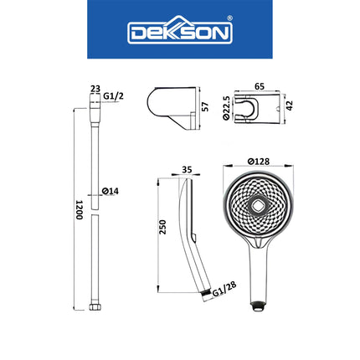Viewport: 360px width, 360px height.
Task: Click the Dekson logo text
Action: pyautogui.click(x=179, y=33)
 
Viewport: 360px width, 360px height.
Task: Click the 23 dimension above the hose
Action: pyautogui.click(x=95, y=87)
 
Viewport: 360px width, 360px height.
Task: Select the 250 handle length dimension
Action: pyautogui.click(x=164, y=227)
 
